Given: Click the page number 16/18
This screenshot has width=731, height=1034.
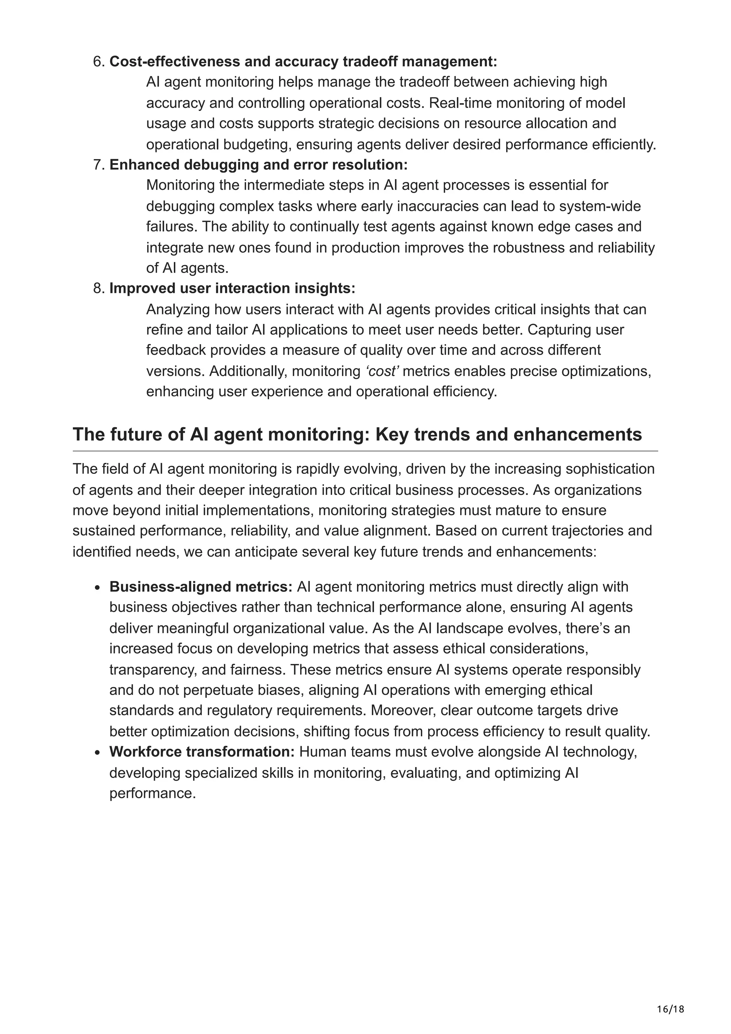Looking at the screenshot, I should (670, 997).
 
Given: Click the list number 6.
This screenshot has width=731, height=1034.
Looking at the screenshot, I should (99, 62).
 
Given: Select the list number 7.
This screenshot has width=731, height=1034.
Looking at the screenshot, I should (99, 165).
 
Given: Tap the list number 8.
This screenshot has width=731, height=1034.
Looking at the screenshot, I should (99, 288).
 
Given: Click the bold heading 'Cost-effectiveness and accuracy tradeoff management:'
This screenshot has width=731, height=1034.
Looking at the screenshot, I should (303, 62).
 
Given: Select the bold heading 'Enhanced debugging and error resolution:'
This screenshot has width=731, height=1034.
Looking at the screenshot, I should (258, 165).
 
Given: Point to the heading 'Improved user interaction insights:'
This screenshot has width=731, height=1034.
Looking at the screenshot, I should (232, 288).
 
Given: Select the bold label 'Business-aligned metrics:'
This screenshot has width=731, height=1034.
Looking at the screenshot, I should (201, 587).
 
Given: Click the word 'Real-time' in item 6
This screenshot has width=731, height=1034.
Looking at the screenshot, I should (459, 103).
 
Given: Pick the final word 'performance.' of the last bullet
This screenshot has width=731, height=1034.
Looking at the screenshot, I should (153, 793).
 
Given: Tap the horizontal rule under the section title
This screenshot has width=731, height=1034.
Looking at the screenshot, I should (365, 451).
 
